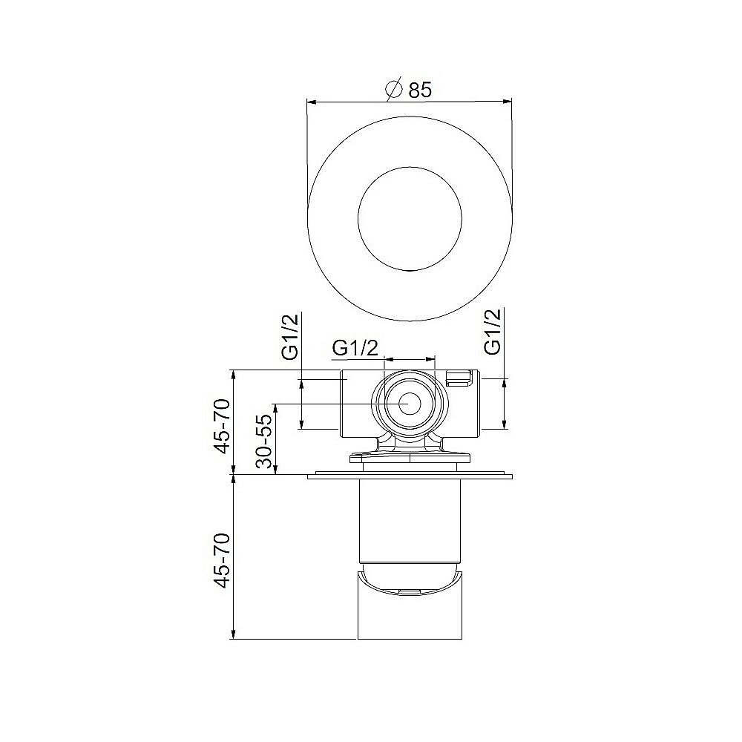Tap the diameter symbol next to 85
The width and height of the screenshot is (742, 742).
[x=395, y=89]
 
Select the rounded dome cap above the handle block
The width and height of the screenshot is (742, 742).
[x=410, y=579]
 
